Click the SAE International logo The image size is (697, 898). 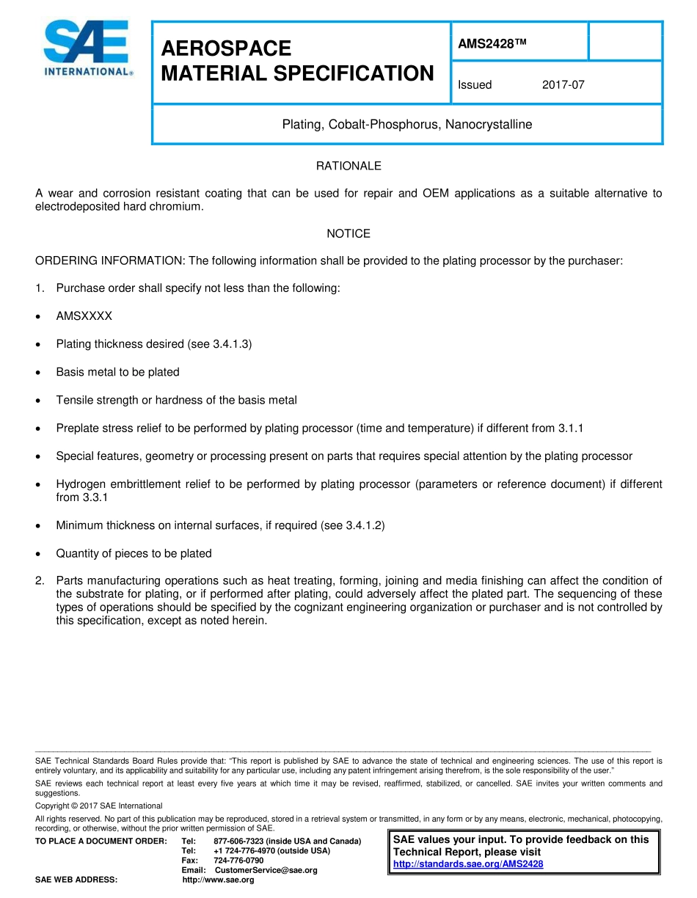[x=87, y=48]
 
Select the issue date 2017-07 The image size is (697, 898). [x=563, y=85]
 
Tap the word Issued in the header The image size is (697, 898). [x=475, y=85]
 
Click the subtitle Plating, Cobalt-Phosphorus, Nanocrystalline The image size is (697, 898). [x=407, y=125]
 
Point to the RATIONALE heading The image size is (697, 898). [x=348, y=167]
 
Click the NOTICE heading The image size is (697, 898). [x=348, y=234]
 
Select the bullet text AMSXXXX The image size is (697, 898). [x=84, y=316]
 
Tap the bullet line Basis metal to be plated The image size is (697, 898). [x=117, y=372]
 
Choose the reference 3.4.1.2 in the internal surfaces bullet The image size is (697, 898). [x=363, y=526]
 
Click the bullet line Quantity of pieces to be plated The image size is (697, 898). [x=134, y=554]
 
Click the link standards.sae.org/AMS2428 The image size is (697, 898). [x=468, y=864]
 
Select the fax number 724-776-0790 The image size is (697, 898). [x=238, y=861]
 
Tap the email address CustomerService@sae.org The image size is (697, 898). [x=266, y=871]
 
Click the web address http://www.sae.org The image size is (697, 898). [x=218, y=880]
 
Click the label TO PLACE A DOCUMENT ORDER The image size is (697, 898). [x=101, y=841]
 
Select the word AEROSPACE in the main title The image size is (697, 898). [x=226, y=48]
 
